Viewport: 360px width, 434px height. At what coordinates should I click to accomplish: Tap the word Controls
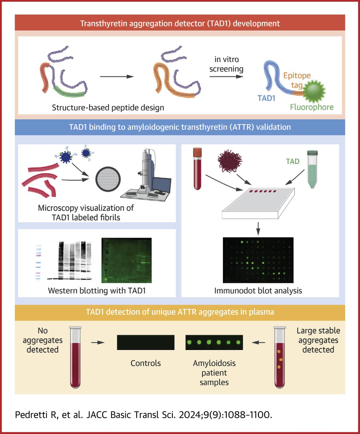146,363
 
